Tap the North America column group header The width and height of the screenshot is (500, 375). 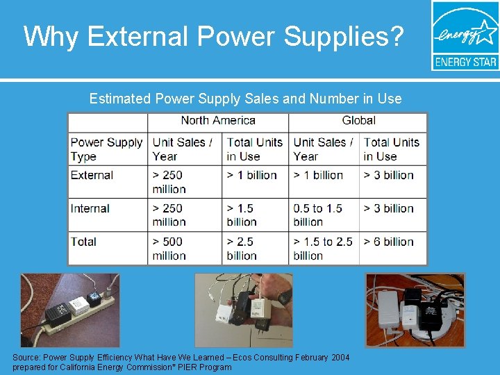(x=218, y=121)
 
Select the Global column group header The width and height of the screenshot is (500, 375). (x=359, y=121)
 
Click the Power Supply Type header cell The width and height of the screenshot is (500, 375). (x=106, y=149)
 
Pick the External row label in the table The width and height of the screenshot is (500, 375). (x=92, y=175)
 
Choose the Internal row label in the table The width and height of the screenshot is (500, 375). (x=90, y=208)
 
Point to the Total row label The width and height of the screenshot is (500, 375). (x=83, y=242)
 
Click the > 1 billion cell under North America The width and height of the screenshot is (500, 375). (x=252, y=175)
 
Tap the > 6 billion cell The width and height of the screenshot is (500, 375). (x=388, y=242)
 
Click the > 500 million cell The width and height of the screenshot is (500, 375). (x=169, y=249)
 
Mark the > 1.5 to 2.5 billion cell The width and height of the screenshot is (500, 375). (x=323, y=249)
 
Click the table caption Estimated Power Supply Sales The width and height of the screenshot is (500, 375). (x=245, y=99)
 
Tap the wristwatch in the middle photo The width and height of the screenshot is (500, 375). (x=284, y=298)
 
